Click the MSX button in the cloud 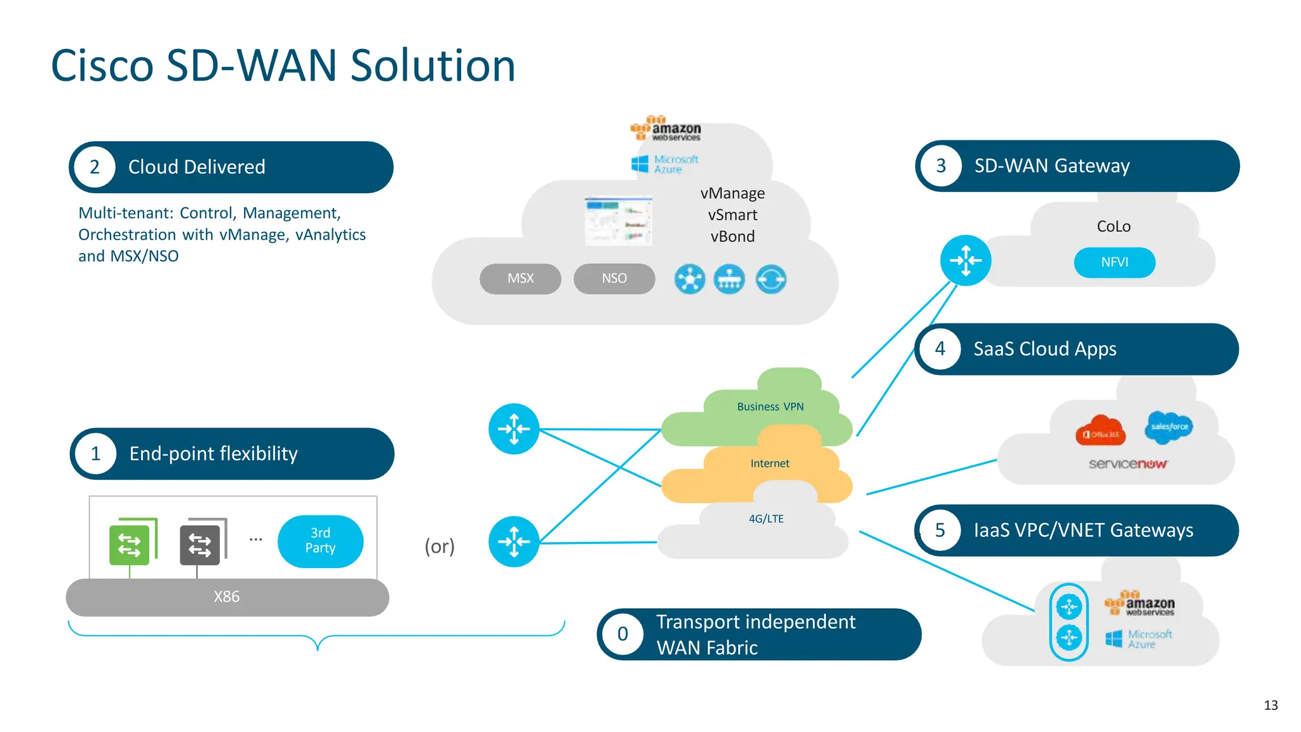(x=520, y=278)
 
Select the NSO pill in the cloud (x=614, y=278)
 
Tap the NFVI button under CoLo (x=1114, y=262)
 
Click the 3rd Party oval (x=320, y=541)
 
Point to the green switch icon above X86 (x=130, y=545)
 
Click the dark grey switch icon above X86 (x=200, y=545)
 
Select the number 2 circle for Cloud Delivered (x=95, y=167)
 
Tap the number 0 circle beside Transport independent (x=623, y=634)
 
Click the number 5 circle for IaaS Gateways (x=940, y=530)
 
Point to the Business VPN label (x=770, y=407)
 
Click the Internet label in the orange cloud (x=769, y=463)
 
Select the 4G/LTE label (x=766, y=518)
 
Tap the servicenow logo (x=1128, y=464)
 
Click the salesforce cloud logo (x=1169, y=427)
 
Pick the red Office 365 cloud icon (x=1100, y=432)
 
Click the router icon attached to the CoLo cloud (x=966, y=261)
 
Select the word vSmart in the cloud (x=732, y=215)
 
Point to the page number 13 (x=1271, y=705)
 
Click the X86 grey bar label (x=227, y=597)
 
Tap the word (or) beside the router (x=440, y=546)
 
